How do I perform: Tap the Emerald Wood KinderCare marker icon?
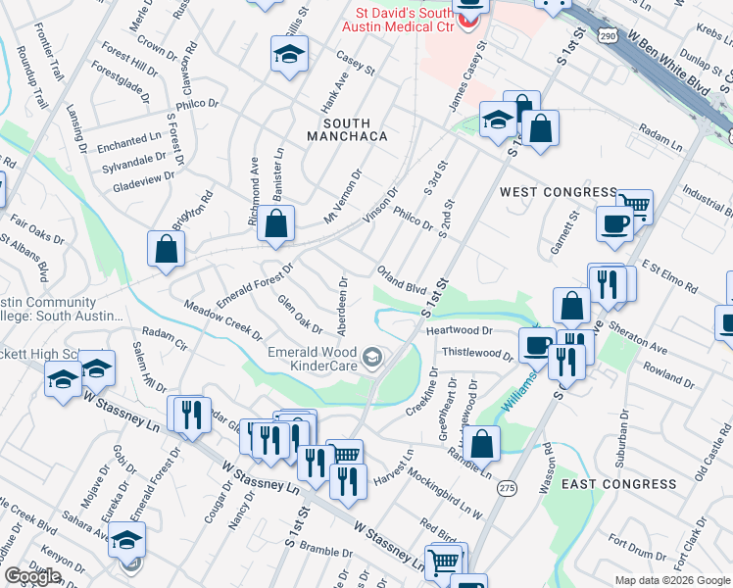(x=371, y=358)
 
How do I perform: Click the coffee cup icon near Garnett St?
(x=614, y=222)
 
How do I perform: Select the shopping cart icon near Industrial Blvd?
(x=636, y=205)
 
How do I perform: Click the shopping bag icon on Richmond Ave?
(x=277, y=222)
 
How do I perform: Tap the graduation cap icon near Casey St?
(x=289, y=55)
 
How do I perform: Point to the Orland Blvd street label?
(x=403, y=280)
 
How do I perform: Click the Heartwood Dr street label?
(x=459, y=332)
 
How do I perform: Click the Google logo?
(x=32, y=577)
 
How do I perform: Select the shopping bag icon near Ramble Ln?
(x=482, y=442)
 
